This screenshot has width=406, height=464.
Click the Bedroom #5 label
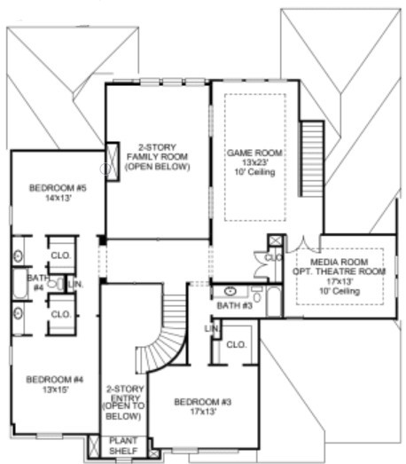click(x=56, y=187)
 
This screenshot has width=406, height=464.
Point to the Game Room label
click(x=255, y=153)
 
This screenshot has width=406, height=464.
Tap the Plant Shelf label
click(x=123, y=444)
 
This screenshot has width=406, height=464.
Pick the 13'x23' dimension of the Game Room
click(x=255, y=162)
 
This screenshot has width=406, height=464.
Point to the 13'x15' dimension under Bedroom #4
click(x=54, y=389)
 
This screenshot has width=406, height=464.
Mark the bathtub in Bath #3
click(x=272, y=302)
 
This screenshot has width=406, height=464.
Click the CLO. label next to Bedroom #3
click(x=235, y=344)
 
